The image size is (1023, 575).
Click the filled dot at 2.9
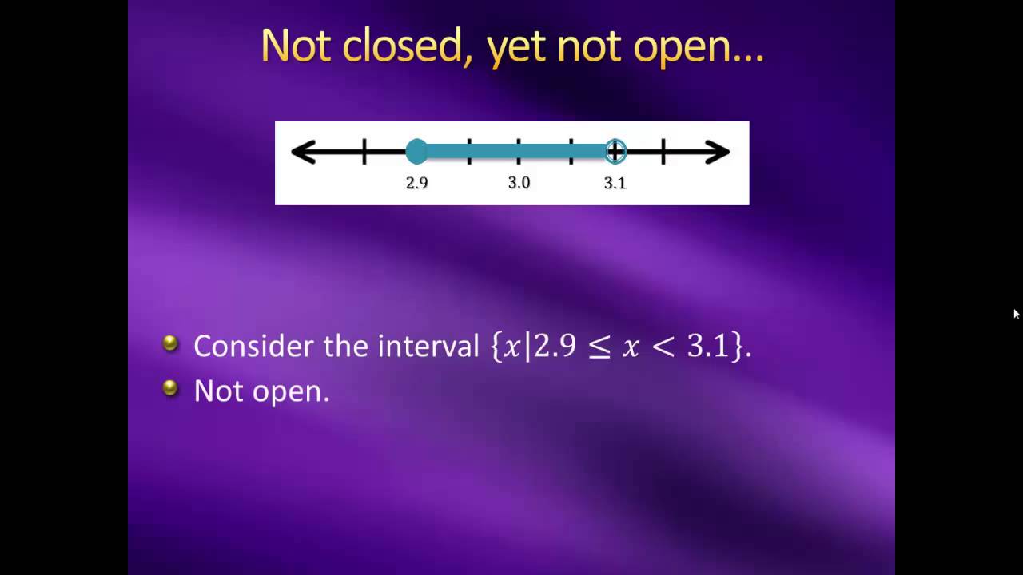416,151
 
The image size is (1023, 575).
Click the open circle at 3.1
615,151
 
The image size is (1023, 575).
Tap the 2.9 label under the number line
416,183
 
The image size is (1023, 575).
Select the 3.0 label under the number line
519,183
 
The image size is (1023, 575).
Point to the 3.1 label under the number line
615,183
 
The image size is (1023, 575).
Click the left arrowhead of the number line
302,152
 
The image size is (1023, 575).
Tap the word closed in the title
402,46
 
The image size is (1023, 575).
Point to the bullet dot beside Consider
170,343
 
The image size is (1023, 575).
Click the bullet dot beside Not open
170,388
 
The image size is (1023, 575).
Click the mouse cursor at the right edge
1017,314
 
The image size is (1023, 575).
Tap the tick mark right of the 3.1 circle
663,152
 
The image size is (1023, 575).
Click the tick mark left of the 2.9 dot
364,152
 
